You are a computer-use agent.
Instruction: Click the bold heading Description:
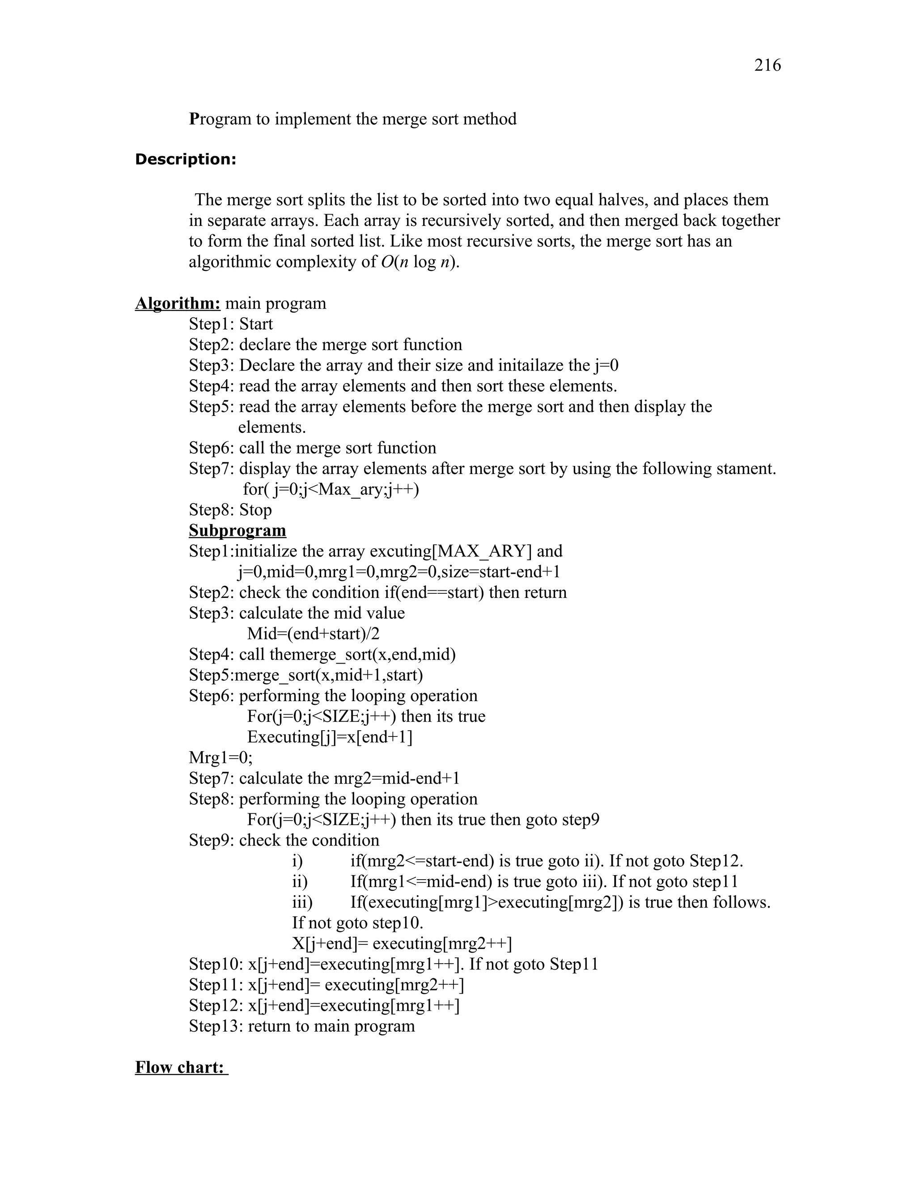[185, 160]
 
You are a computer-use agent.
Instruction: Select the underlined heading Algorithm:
[178, 303]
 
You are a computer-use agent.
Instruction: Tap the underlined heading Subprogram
[237, 530]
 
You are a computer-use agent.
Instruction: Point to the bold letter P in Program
[194, 119]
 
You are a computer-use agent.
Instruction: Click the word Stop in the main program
[255, 510]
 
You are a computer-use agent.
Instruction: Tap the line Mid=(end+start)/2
[313, 634]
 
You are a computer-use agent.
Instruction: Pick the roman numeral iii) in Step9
[302, 902]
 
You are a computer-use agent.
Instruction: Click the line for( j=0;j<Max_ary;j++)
[331, 489]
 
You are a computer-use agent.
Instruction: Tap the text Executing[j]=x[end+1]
[329, 737]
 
